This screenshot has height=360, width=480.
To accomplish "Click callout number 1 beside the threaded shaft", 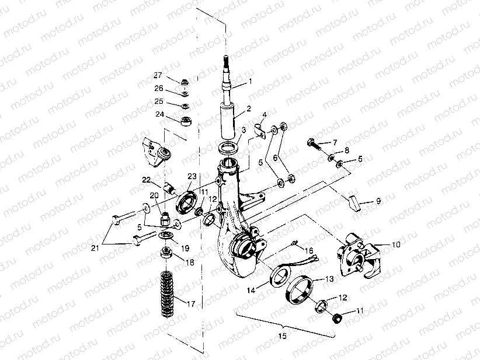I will (x=251, y=81).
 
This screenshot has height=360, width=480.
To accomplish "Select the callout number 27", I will (x=157, y=75).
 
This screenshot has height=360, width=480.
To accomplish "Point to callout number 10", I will (x=396, y=245).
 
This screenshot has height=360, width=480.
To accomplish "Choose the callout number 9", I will (x=378, y=201).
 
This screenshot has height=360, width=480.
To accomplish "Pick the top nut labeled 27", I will (x=183, y=81).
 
